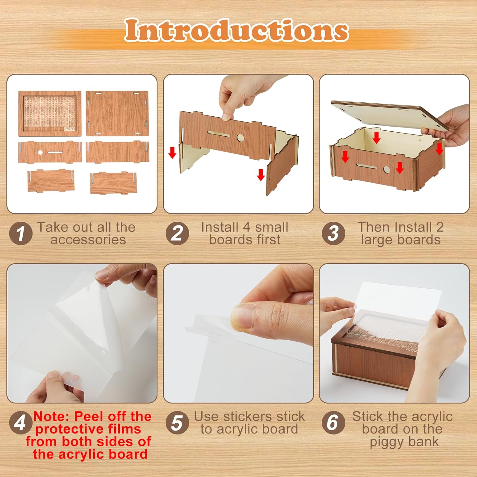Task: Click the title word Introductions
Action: pyautogui.click(x=237, y=31)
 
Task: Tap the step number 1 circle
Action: pyautogui.click(x=21, y=234)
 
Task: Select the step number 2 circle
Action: pyautogui.click(x=177, y=234)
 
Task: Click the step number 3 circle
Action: pyautogui.click(x=333, y=234)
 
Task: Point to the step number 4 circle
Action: pyautogui.click(x=21, y=423)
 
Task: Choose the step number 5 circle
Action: pyautogui.click(x=177, y=423)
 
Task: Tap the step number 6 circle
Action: pyautogui.click(x=333, y=423)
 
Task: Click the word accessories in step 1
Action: pyautogui.click(x=88, y=240)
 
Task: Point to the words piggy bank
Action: pyautogui.click(x=404, y=442)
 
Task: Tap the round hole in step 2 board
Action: pyautogui.click(x=240, y=138)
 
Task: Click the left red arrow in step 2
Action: pyautogui.click(x=172, y=153)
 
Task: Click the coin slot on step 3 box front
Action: pyautogui.click(x=366, y=166)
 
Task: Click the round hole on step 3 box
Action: pyautogui.click(x=386, y=169)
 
